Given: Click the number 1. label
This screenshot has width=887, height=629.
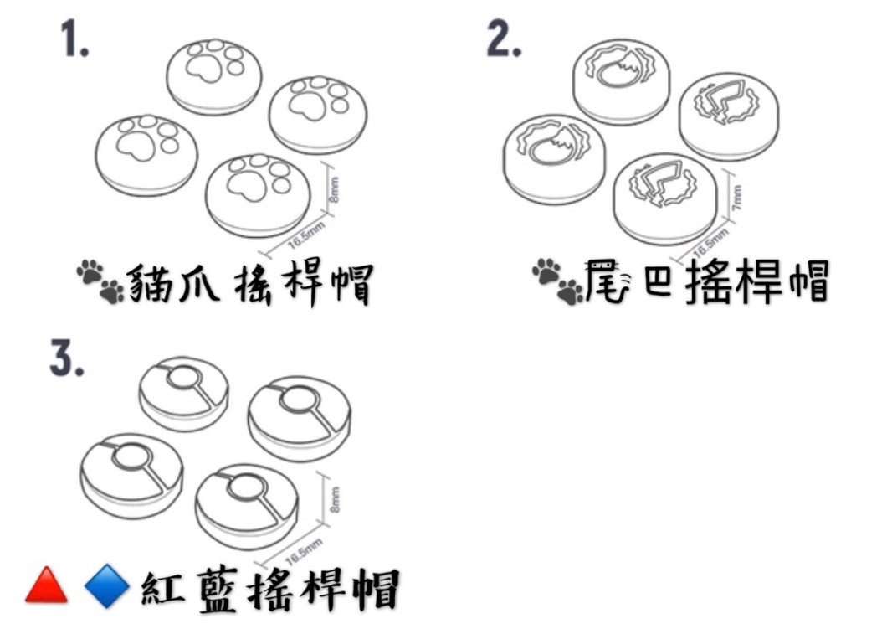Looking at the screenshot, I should pyautogui.click(x=74, y=41).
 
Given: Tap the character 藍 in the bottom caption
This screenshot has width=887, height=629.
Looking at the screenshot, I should pyautogui.click(x=218, y=589).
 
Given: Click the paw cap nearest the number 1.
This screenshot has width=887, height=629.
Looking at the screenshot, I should pyautogui.click(x=214, y=75).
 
